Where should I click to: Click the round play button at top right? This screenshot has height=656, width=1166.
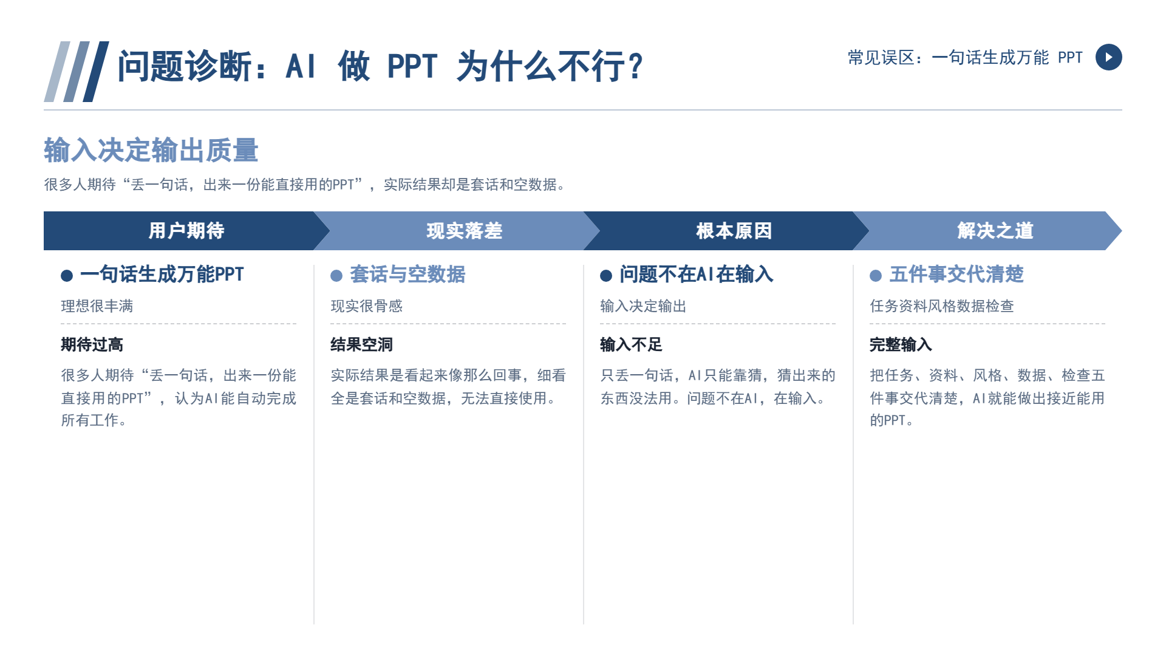pos(1108,57)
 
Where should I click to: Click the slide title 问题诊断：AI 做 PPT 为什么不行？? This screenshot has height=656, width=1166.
pos(380,66)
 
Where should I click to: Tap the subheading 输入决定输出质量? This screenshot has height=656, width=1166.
pos(151,150)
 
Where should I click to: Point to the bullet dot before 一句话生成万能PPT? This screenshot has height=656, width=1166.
pos(67,276)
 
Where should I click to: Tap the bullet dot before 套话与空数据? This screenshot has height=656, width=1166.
pos(336,276)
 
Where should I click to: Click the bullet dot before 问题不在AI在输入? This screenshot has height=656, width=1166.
pos(606,276)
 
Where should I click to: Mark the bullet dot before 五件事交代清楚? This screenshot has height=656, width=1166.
pos(876,276)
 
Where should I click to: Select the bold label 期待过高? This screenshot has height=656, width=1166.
pos(92,345)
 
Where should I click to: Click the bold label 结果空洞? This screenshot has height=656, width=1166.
pos(361,345)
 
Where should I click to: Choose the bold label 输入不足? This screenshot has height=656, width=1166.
pos(631,345)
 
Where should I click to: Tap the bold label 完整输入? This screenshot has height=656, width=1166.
pos(901,345)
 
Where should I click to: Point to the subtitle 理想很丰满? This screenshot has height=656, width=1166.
pos(97,306)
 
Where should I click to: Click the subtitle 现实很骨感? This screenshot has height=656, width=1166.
pos(367,306)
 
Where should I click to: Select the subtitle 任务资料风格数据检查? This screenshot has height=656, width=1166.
pos(942,306)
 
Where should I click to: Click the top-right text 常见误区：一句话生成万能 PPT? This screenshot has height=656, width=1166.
pos(965,58)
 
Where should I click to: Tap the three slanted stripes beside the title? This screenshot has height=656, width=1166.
pos(77,72)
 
